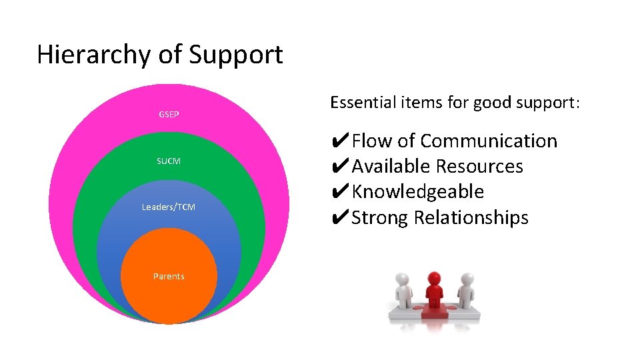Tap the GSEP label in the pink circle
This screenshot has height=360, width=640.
(x=169, y=115)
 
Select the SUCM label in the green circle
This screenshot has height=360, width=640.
(x=169, y=161)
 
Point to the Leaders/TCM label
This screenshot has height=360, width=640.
(x=169, y=207)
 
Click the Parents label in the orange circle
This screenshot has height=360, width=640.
(x=169, y=276)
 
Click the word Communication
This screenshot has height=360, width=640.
(x=489, y=141)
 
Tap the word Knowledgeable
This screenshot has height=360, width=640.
(x=418, y=192)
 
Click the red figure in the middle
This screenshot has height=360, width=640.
(x=434, y=294)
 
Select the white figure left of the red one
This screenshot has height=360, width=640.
(x=403, y=293)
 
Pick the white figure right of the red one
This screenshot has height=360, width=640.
(x=465, y=293)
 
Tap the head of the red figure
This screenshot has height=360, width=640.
(x=434, y=278)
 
